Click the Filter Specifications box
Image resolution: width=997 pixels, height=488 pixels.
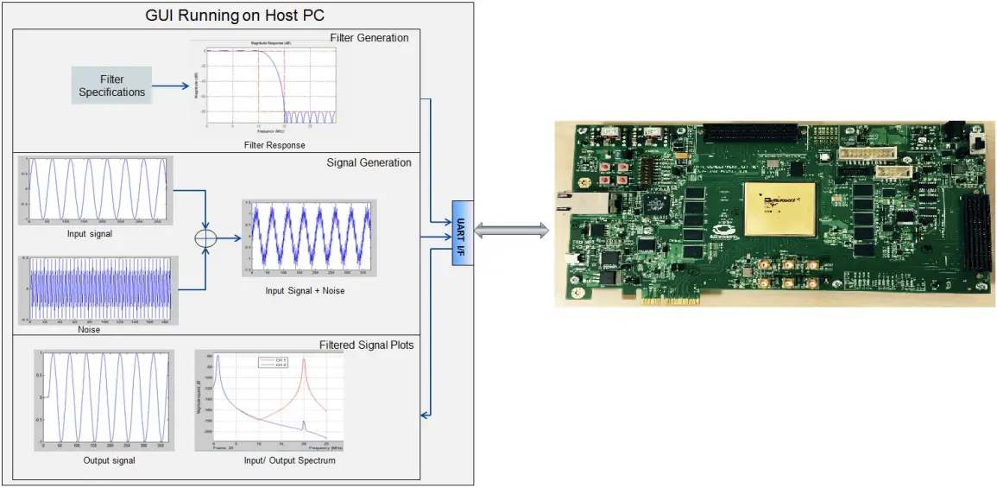pos(111,86)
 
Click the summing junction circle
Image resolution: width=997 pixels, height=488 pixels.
pos(205,236)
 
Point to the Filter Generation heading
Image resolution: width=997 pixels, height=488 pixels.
pos(369,38)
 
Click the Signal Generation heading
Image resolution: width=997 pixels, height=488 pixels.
pos(369,162)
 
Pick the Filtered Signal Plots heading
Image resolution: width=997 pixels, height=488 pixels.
pos(366,345)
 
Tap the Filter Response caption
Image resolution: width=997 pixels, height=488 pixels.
pos(274,145)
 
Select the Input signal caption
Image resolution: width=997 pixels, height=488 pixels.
pos(89,233)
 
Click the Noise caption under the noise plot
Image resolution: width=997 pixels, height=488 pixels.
pos(88,330)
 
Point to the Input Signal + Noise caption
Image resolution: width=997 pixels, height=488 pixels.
pos(305,290)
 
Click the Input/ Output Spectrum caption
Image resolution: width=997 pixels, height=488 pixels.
pos(289,460)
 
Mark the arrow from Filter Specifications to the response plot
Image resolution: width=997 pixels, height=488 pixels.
pos(171,86)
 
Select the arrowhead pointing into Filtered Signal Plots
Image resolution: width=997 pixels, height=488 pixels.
pos(424,415)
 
